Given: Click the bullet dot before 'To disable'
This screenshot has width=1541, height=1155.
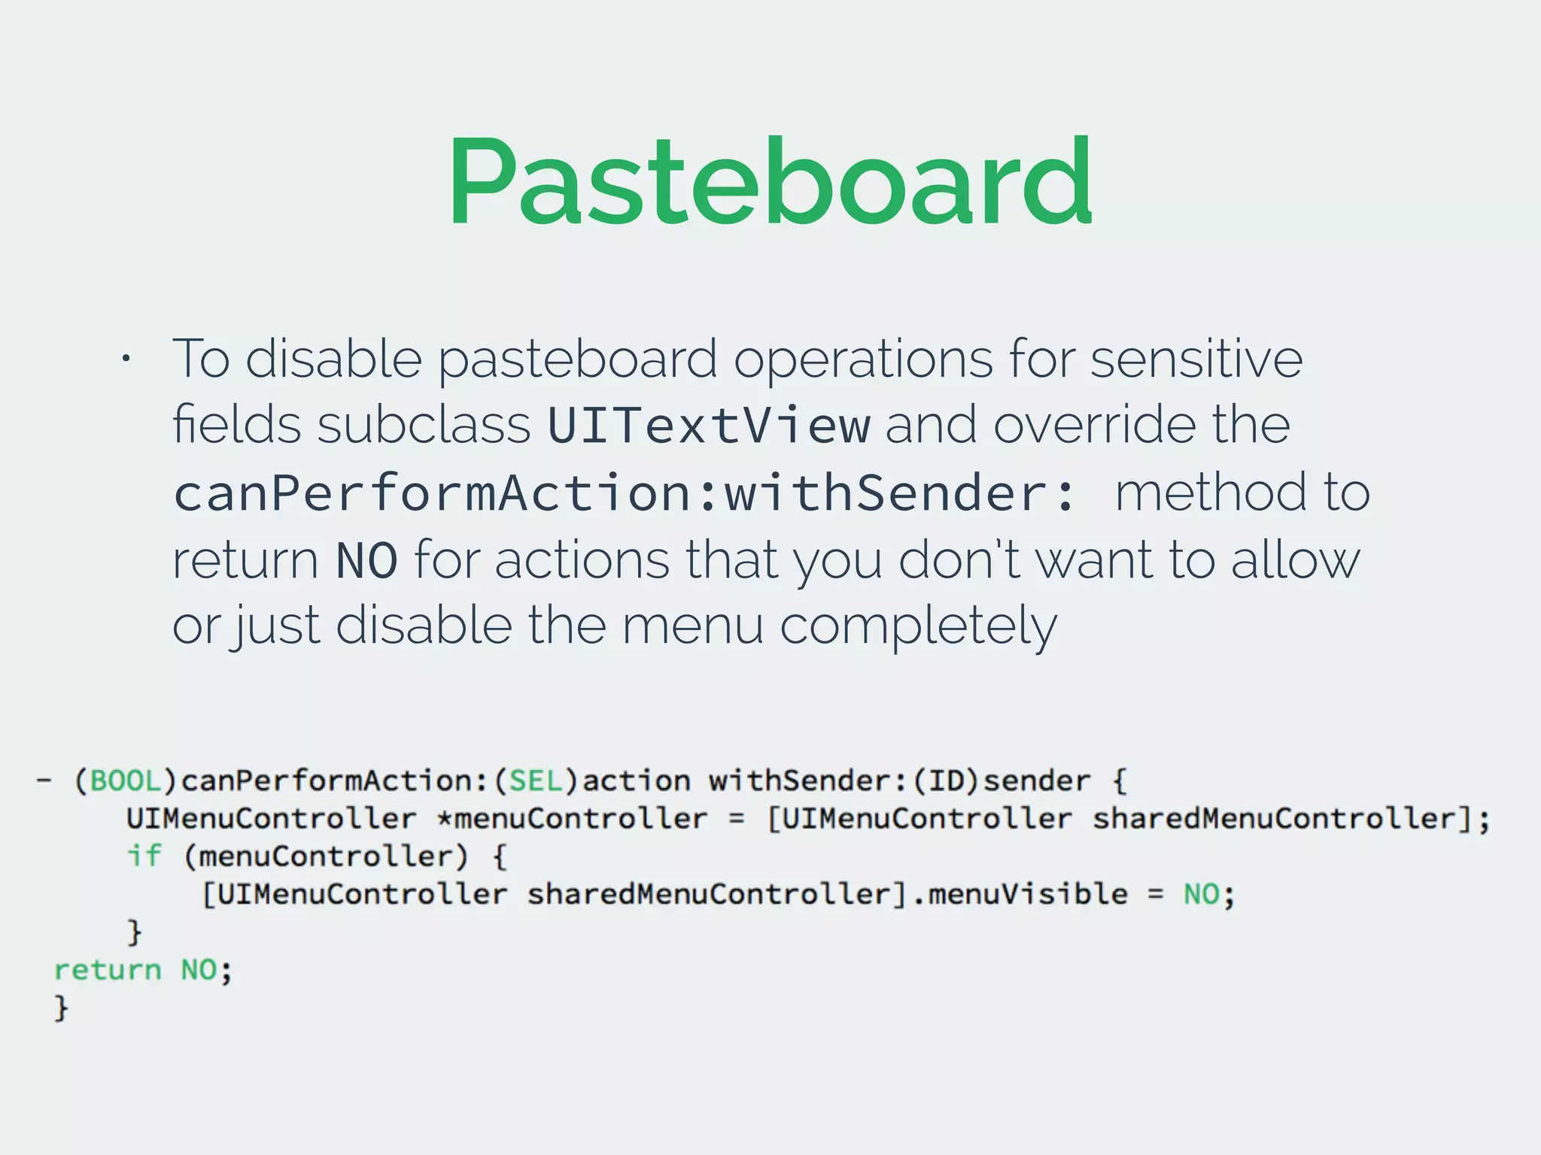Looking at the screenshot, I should click(x=126, y=359).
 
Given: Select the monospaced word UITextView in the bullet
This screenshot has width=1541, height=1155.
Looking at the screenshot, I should click(x=709, y=425).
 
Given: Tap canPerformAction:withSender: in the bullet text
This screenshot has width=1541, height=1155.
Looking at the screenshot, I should click(x=625, y=493).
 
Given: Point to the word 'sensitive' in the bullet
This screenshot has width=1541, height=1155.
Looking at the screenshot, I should click(x=1196, y=359).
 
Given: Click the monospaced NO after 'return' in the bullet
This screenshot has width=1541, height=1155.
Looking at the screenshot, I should click(x=366, y=560).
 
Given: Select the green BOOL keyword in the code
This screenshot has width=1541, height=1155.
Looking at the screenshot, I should click(x=126, y=781).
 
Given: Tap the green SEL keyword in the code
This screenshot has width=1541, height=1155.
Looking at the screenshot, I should click(x=536, y=781).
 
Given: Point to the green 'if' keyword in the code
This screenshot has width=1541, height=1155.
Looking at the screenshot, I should click(x=144, y=856).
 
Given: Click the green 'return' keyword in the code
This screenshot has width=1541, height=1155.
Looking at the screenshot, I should click(x=108, y=970).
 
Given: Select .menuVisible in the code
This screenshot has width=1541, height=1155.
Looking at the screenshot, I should click(x=1020, y=895).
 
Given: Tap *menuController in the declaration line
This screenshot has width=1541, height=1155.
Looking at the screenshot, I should click(x=572, y=819).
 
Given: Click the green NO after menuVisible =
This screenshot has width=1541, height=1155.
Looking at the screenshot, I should click(x=1201, y=895).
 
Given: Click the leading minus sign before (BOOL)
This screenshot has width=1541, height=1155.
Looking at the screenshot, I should click(x=44, y=781).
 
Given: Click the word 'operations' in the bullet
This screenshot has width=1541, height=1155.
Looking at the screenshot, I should click(x=863, y=359).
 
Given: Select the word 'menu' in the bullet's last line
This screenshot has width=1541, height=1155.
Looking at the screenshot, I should click(x=692, y=626).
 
